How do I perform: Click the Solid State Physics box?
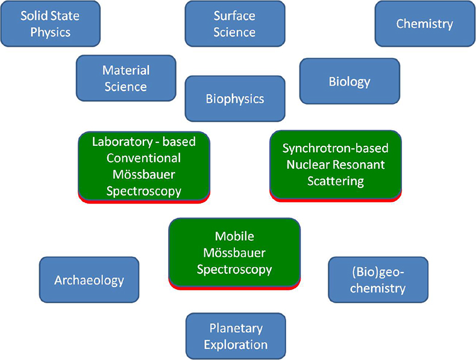(x=50, y=24)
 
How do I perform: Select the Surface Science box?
(x=234, y=24)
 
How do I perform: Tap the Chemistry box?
(x=424, y=24)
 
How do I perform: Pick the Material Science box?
(x=126, y=78)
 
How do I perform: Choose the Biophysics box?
(x=234, y=98)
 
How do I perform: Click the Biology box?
(x=349, y=81)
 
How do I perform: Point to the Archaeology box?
(x=89, y=280)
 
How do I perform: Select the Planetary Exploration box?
(x=236, y=336)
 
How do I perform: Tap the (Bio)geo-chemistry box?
(x=378, y=280)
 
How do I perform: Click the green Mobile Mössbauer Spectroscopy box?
(x=234, y=253)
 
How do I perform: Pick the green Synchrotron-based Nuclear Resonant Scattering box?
(x=336, y=164)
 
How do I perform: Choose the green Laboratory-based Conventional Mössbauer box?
(x=144, y=166)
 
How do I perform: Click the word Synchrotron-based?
(x=336, y=148)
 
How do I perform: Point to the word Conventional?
(x=143, y=158)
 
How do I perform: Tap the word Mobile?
(x=234, y=236)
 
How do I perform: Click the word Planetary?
(x=236, y=329)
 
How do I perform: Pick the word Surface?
(x=234, y=16)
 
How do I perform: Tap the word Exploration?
(x=236, y=345)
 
